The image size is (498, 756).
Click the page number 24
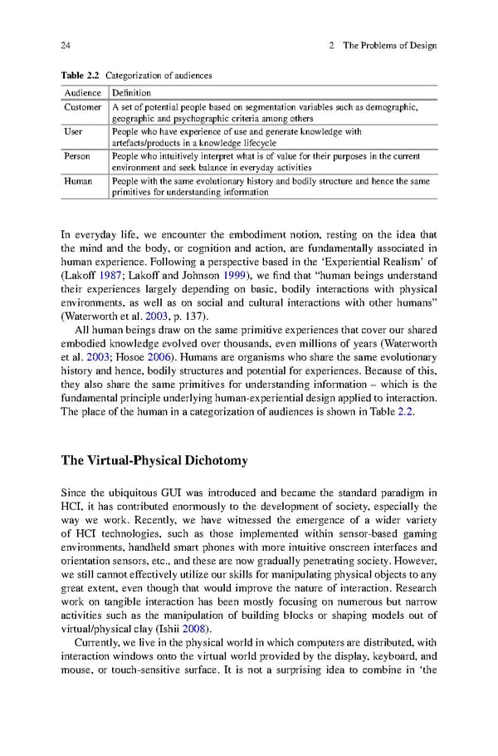pos(66,45)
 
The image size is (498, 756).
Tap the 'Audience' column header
pos(82,93)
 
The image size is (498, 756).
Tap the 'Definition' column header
pos(131,93)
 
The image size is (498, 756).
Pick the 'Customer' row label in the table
pos(83,107)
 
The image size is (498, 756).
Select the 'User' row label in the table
pos(73,131)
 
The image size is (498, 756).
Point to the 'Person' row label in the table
pos(77,155)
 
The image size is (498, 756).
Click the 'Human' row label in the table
pos(78,180)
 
